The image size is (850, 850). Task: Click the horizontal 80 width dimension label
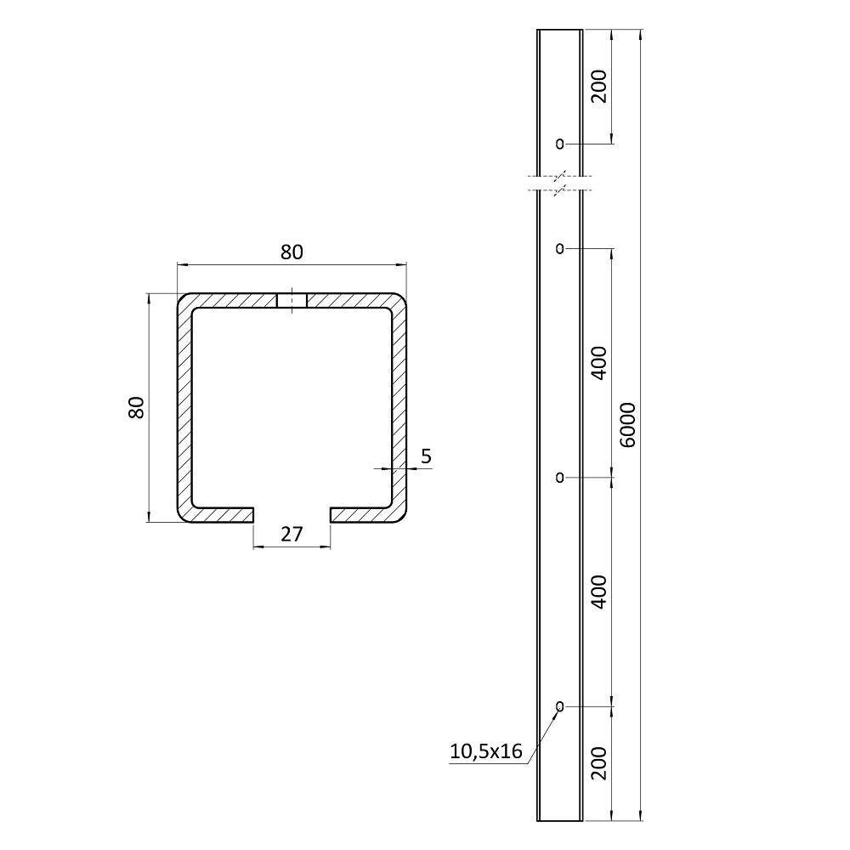click(x=292, y=252)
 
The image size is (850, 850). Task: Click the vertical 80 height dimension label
click(x=137, y=407)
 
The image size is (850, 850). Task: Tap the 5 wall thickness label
click(x=426, y=456)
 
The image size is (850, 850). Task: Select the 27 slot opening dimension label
click(x=292, y=535)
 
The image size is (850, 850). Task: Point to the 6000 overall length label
click(x=627, y=424)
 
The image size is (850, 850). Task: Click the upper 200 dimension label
click(x=599, y=86)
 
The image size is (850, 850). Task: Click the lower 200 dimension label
click(x=599, y=762)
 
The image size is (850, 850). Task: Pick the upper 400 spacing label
click(x=599, y=363)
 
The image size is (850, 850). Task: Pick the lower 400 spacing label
click(x=599, y=592)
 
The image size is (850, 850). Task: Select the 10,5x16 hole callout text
click(x=486, y=751)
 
